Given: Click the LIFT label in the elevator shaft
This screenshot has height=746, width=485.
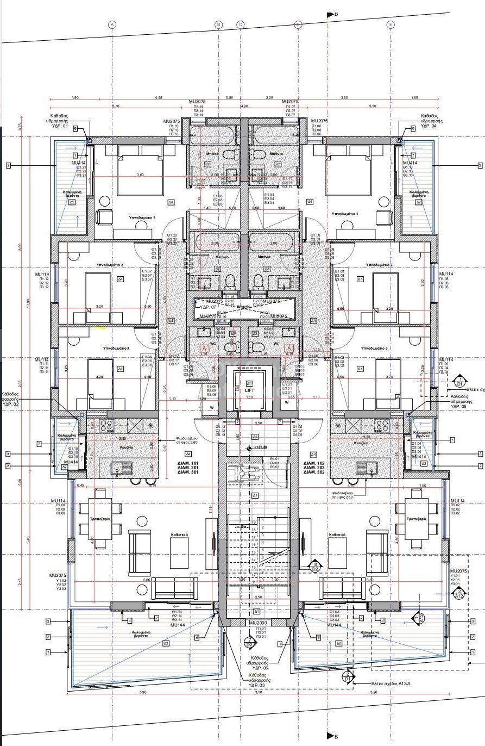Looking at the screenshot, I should (x=250, y=390).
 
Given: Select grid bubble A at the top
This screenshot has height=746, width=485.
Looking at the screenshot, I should (x=112, y=24).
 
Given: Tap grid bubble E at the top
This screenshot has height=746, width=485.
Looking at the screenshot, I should (x=390, y=24).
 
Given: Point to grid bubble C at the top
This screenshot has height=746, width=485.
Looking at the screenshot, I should (x=241, y=24).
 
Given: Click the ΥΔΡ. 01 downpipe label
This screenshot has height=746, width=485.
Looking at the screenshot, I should (x=58, y=126).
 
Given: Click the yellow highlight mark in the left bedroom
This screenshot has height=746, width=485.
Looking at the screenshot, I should (x=99, y=327).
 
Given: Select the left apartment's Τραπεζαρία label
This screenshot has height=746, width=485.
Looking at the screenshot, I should (x=97, y=519).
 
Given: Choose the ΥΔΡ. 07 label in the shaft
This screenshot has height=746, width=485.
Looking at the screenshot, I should (x=209, y=307).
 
